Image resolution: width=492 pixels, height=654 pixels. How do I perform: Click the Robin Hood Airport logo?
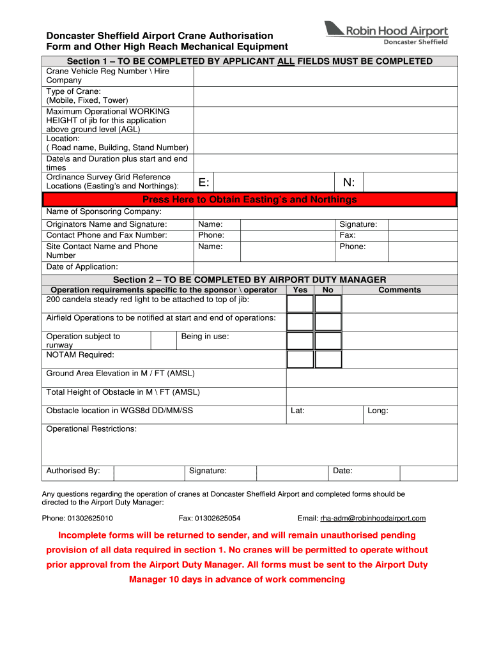[386, 33]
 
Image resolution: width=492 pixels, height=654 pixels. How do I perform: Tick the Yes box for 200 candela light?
[300, 303]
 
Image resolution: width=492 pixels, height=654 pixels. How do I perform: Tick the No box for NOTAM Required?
[328, 359]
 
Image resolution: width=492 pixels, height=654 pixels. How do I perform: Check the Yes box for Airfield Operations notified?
[300, 322]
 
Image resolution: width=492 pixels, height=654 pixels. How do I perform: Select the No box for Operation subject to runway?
[328, 340]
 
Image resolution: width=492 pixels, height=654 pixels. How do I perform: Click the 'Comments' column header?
[399, 290]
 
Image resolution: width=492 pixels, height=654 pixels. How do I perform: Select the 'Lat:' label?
[297, 411]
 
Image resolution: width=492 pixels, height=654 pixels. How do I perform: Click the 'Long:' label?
[378, 411]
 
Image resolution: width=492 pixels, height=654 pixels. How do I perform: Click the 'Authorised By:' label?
[73, 471]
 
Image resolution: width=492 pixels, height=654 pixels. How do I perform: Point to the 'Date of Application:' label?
[82, 266]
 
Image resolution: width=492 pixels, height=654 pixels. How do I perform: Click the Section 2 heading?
[249, 280]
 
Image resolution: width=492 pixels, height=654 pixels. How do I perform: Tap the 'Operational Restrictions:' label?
[91, 429]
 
